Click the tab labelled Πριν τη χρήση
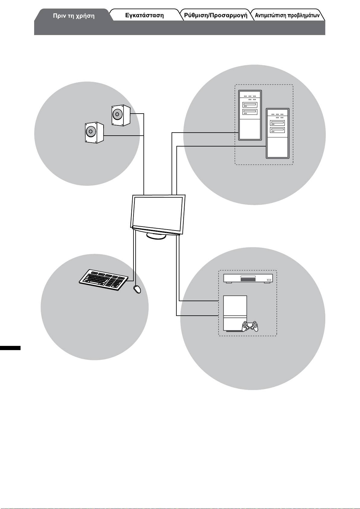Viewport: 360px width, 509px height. (x=74, y=16)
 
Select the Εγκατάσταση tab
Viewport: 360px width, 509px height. (x=144, y=15)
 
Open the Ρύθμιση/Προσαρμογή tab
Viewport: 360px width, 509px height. (x=216, y=15)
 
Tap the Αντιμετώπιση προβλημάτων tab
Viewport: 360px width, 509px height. (x=287, y=15)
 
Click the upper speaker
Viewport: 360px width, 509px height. (x=121, y=115)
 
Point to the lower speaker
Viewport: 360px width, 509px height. (x=94, y=132)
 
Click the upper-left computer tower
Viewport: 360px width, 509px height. (x=250, y=115)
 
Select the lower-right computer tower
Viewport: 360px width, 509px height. (x=278, y=133)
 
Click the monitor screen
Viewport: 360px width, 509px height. (x=158, y=213)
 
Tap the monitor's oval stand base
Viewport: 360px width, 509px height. (x=156, y=236)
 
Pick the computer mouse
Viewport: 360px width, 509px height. (x=137, y=289)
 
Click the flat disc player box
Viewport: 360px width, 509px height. (x=248, y=278)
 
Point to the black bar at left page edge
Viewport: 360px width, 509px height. (x=10, y=348)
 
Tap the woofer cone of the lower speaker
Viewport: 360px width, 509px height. (x=90, y=132)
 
